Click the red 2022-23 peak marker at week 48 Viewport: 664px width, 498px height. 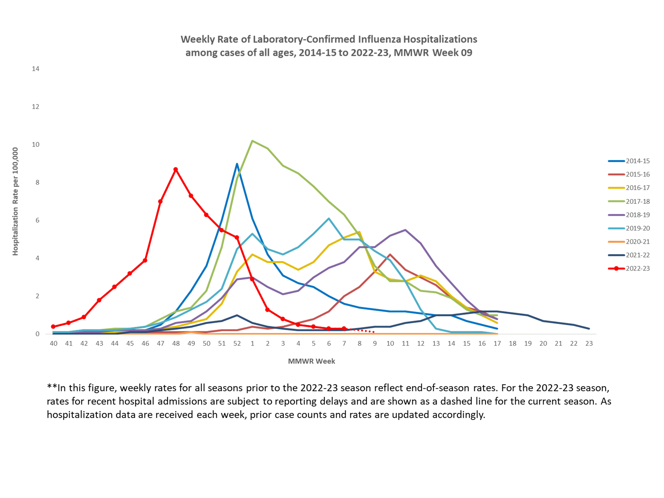tap(176, 170)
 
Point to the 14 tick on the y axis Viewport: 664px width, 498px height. tap(36, 69)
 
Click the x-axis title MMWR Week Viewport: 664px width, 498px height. tap(311, 361)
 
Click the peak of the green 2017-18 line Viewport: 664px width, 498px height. tap(252, 141)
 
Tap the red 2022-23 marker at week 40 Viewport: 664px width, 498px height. tap(53, 327)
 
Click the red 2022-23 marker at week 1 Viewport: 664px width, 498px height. tap(252, 279)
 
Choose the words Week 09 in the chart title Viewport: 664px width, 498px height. tap(452, 53)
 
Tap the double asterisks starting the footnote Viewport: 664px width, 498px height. tap(52, 387)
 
